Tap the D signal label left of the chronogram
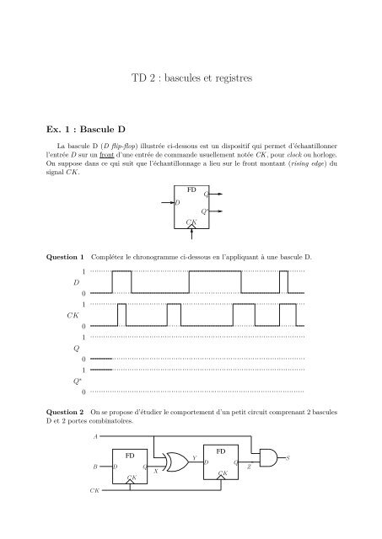click(x=76, y=282)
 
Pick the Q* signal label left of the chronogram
click(x=77, y=381)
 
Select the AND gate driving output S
click(x=268, y=459)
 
